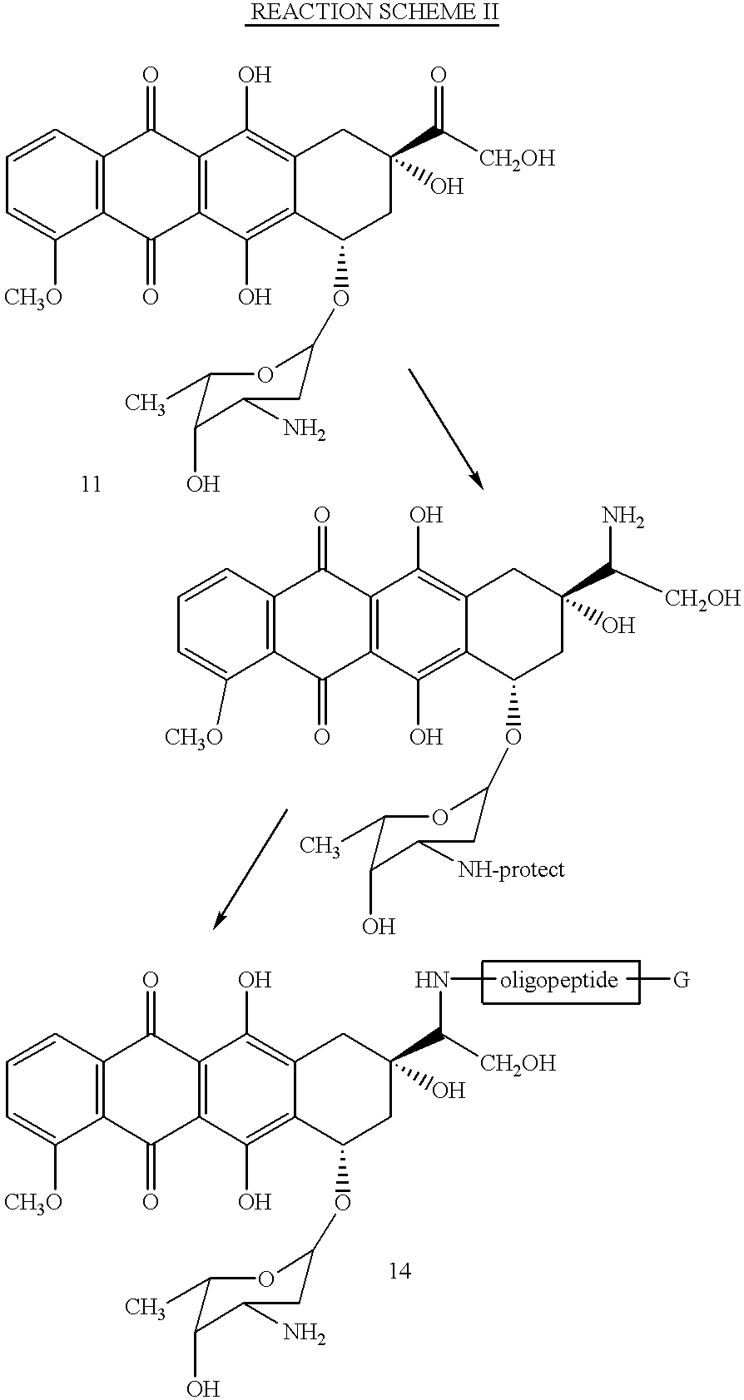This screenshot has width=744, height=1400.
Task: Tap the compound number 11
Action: click(92, 484)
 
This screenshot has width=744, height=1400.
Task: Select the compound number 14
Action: click(399, 1270)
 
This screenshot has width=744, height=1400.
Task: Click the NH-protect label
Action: click(512, 869)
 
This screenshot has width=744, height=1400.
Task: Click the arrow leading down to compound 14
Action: click(250, 869)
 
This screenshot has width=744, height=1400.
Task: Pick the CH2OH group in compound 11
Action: click(517, 158)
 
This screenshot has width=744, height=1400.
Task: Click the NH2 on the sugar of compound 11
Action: click(305, 431)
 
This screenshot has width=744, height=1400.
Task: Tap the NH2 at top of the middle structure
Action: click(623, 517)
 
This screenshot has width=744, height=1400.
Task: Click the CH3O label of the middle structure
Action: click(194, 738)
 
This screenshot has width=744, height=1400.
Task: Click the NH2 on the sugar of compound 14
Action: click(305, 1333)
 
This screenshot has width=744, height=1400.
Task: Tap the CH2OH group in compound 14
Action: click(517, 1062)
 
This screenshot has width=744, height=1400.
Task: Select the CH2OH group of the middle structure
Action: click(702, 599)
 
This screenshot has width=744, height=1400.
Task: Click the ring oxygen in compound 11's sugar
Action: click(265, 376)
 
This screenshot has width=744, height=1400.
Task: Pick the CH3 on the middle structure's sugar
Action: click(320, 846)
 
